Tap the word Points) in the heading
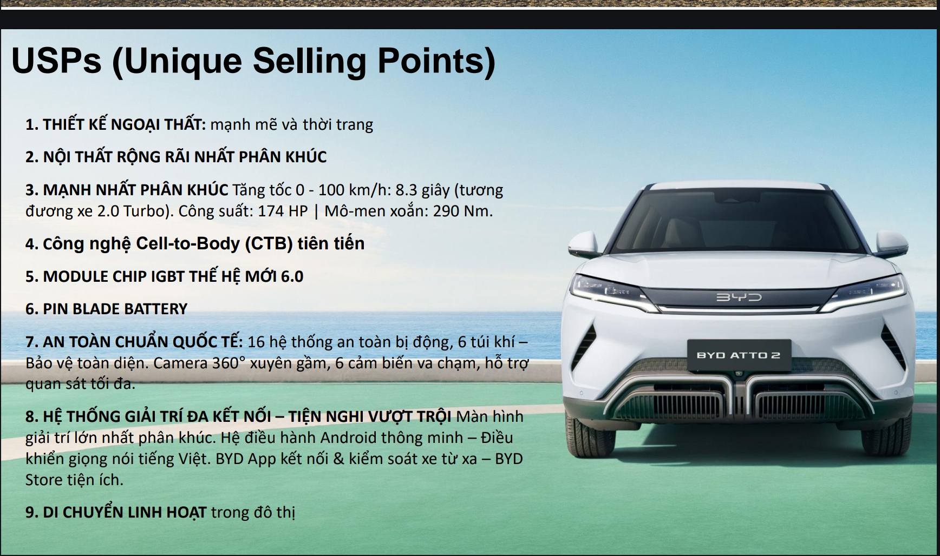(x=436, y=61)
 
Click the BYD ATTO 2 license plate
(x=739, y=355)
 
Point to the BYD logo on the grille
(x=739, y=297)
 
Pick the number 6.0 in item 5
(x=292, y=276)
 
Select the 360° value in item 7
(x=229, y=362)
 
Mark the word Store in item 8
(x=45, y=480)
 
